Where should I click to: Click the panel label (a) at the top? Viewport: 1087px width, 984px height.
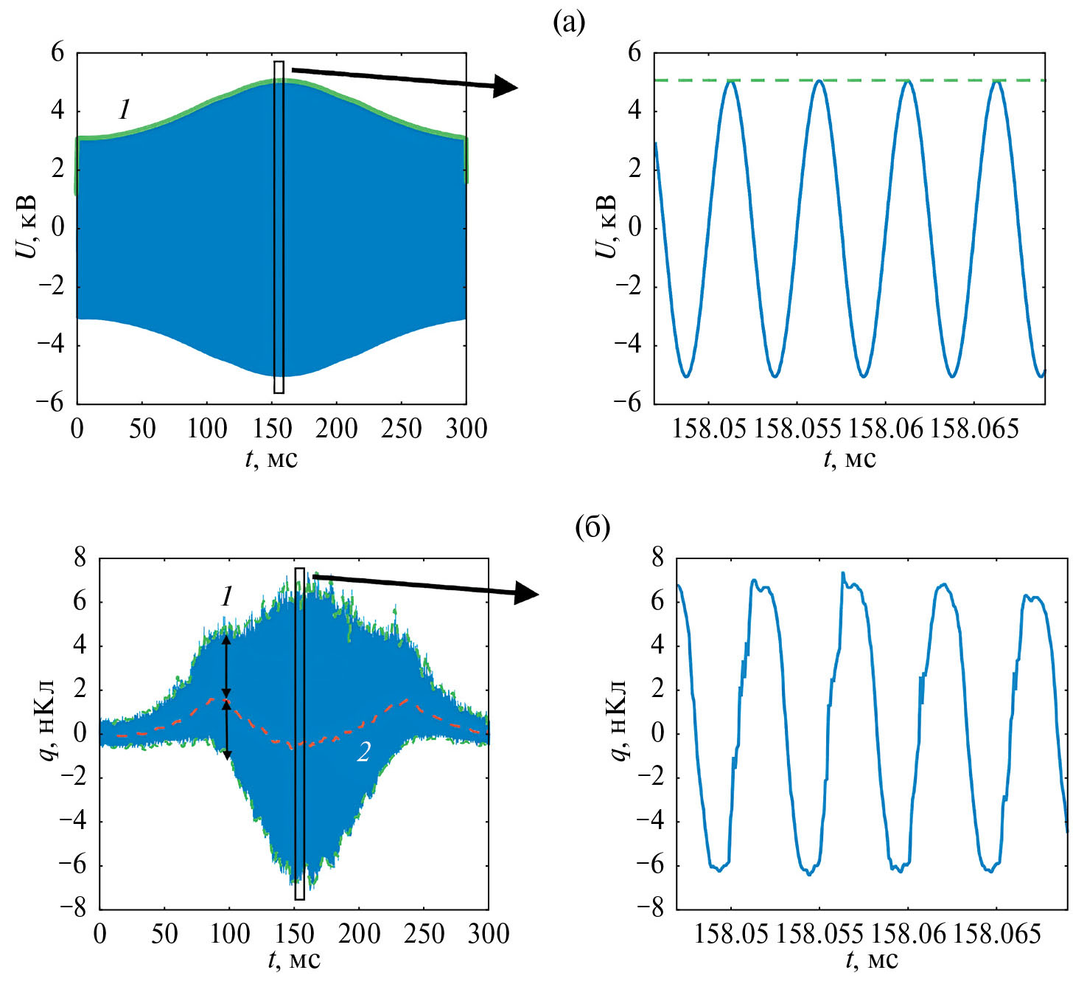[569, 23]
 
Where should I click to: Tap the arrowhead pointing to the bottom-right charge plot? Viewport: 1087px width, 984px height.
[528, 592]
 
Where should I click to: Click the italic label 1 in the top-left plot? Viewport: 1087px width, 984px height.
[125, 110]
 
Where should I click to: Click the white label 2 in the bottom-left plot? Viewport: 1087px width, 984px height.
[363, 751]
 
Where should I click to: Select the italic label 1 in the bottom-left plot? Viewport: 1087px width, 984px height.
[227, 596]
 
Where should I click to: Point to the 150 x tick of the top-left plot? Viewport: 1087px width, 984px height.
[273, 429]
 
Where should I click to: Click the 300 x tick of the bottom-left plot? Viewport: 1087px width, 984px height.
[489, 934]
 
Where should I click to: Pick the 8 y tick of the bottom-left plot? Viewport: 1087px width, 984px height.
[79, 558]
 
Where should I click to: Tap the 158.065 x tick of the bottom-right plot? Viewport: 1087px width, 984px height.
[996, 934]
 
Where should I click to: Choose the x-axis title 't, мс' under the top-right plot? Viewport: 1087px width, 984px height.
[850, 460]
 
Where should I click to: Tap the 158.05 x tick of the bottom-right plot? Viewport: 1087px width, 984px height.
[731, 934]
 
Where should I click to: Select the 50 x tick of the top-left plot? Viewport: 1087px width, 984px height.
[142, 429]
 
